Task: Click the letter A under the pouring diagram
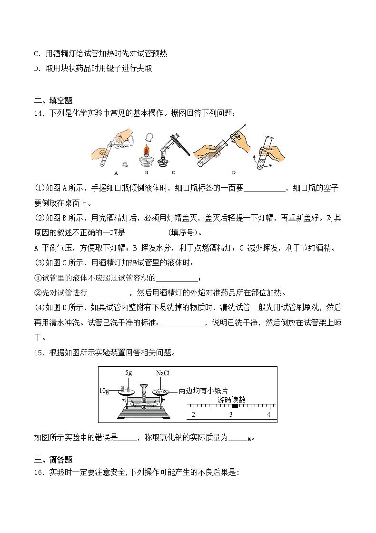point(116,173)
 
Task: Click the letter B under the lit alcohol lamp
point(147,172)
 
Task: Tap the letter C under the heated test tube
point(173,172)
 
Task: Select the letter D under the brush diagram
point(233,172)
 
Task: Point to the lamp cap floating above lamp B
point(150,137)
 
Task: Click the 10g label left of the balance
point(104,391)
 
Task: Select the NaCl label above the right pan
point(163,373)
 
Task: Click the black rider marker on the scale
point(235,406)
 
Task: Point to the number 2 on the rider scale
point(193,415)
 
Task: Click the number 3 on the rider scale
point(231,415)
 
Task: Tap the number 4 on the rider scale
point(268,415)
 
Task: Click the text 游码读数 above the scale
point(231,400)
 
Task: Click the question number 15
point(39,353)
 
